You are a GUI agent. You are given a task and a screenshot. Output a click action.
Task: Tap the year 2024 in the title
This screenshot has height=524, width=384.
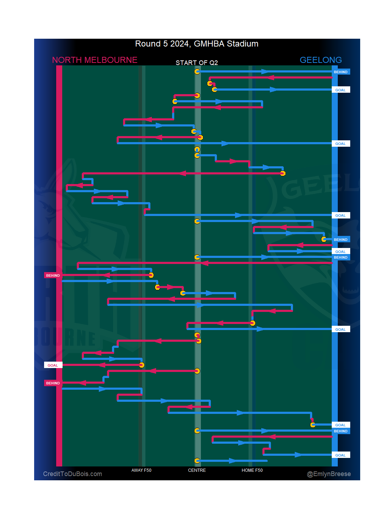tap(179, 44)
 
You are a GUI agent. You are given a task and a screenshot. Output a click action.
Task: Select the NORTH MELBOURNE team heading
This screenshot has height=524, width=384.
tap(95, 60)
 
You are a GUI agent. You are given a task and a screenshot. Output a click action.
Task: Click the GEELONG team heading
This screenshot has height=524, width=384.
tap(320, 60)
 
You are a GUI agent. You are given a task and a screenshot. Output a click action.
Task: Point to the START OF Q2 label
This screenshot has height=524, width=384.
tap(197, 63)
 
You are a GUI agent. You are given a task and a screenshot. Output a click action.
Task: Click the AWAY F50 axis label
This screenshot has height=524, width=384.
tap(141, 470)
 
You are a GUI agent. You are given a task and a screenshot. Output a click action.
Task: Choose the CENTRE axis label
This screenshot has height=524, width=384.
tap(197, 470)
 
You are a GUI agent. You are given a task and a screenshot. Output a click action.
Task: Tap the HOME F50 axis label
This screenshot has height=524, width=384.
tap(252, 470)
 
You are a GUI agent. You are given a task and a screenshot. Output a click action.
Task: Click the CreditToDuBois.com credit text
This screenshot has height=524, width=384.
tap(73, 474)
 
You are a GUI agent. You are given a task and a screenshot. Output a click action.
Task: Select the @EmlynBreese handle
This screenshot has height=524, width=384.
tap(329, 474)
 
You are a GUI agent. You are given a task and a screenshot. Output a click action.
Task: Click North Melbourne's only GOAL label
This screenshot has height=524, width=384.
tap(53, 365)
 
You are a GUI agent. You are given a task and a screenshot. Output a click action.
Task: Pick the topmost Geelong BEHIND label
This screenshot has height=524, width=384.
tap(340, 72)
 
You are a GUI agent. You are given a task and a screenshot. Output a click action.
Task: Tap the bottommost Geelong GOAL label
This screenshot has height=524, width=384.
tap(340, 455)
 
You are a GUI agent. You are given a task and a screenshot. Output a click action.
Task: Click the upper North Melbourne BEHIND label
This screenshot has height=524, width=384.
tap(53, 275)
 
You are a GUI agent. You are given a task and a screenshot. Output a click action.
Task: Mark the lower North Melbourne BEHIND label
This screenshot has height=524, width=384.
tap(53, 383)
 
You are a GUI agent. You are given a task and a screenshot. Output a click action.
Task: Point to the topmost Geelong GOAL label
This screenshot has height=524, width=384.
tap(340, 90)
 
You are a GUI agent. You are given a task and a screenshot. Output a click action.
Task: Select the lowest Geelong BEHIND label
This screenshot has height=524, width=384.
tap(340, 431)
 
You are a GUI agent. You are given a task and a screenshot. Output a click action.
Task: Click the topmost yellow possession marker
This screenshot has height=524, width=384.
tap(197, 72)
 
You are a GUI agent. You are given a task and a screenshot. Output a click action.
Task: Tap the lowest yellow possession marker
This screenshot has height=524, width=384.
tap(197, 461)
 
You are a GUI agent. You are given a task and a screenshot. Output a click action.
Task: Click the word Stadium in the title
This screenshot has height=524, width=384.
tap(242, 44)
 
